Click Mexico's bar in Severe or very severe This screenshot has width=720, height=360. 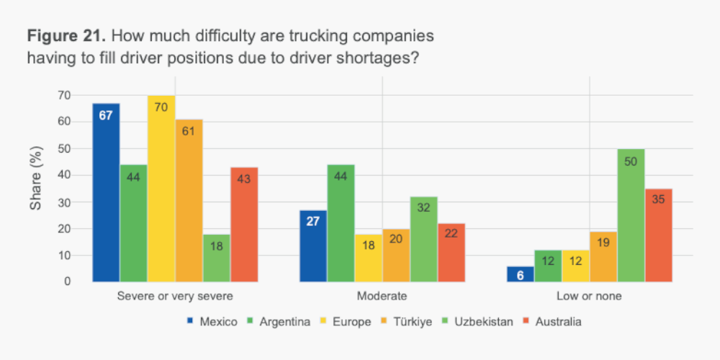pyautogui.click(x=106, y=192)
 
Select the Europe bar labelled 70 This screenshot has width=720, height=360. pyautogui.click(x=161, y=189)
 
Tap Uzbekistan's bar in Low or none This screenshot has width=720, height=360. pyautogui.click(x=631, y=215)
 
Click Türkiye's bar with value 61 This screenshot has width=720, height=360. pyautogui.click(x=189, y=200)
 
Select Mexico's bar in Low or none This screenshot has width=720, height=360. pyautogui.click(x=521, y=274)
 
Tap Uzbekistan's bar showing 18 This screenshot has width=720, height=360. pyautogui.click(x=216, y=258)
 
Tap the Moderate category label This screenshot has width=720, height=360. pyautogui.click(x=382, y=296)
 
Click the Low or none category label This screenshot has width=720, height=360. pyautogui.click(x=589, y=296)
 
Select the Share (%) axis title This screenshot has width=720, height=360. pyautogui.click(x=35, y=188)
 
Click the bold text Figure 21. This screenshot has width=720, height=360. pyautogui.click(x=68, y=35)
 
